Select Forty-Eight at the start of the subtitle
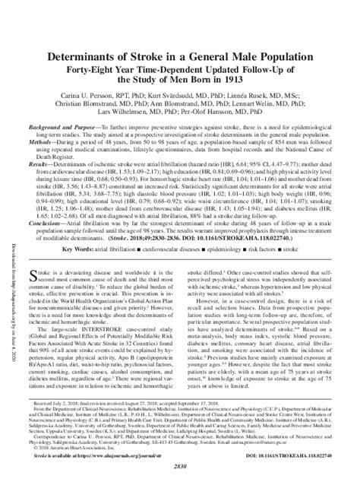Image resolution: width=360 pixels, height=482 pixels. point(117,65)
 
